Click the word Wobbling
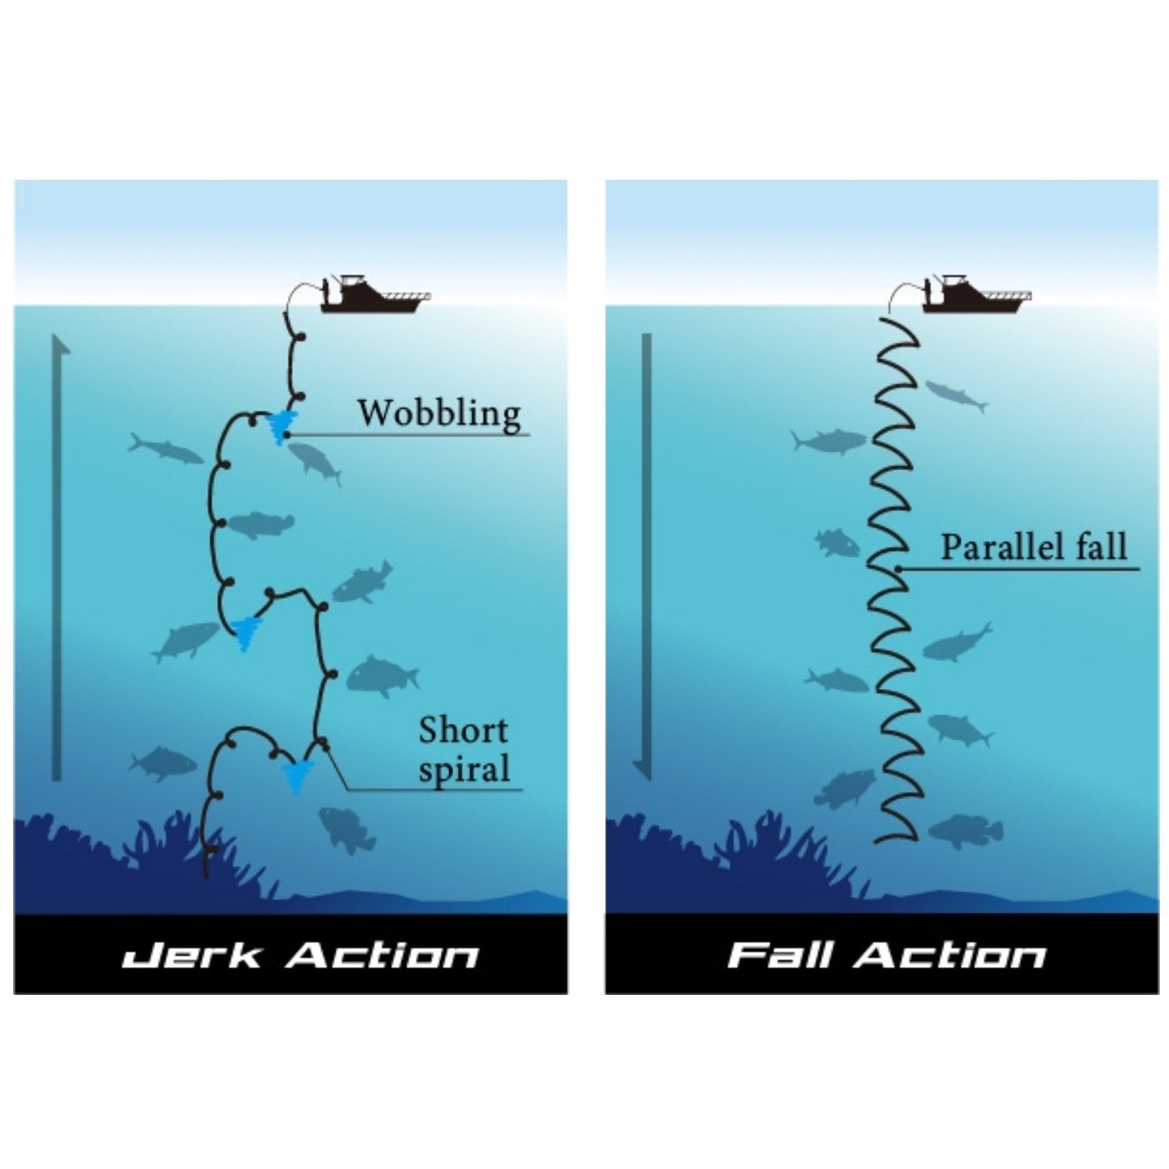(x=439, y=413)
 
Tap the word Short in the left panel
(x=463, y=731)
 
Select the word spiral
(x=464, y=769)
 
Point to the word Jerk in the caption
(x=192, y=955)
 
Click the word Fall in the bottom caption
(x=780, y=955)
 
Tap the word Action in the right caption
(x=951, y=955)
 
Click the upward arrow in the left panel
(x=57, y=558)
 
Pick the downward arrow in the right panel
(x=646, y=558)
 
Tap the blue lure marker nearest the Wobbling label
(x=281, y=425)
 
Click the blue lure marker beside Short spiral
(x=296, y=777)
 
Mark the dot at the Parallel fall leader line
(x=898, y=570)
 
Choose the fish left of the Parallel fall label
(x=837, y=542)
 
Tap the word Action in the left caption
(x=383, y=955)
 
